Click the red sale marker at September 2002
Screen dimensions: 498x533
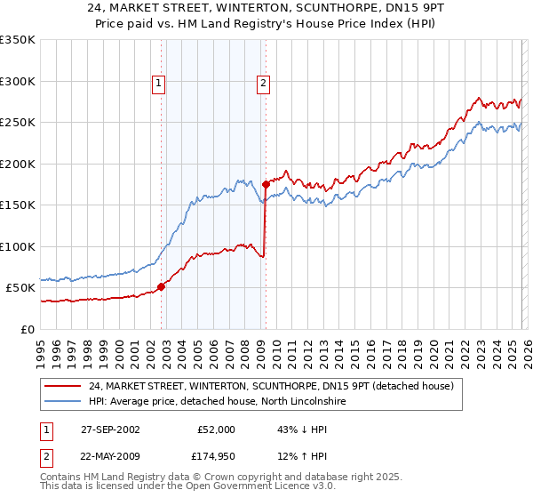(162, 286)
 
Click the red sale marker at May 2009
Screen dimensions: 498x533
(266, 185)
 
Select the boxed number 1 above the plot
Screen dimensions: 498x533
(158, 84)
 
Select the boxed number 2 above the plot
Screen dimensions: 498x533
(264, 84)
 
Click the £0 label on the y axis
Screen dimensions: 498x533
(27, 330)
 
